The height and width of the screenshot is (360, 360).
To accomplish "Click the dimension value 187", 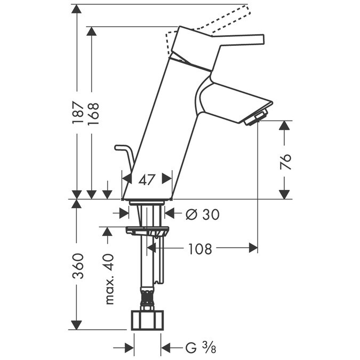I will coord(78,112).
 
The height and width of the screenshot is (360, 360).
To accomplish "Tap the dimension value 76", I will coord(285,159).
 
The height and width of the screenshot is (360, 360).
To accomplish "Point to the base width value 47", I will coord(147,180).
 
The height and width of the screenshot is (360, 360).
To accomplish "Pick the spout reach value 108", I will coord(200,249).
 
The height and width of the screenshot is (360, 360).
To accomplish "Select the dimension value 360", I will coord(78,267).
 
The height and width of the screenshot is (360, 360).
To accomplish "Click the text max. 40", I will coord(109,278).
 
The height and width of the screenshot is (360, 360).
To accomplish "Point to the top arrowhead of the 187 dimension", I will coord(77,9).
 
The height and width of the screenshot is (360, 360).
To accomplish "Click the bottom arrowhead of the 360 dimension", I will coord(77,325).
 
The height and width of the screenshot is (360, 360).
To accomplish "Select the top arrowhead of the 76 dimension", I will coord(285,126).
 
